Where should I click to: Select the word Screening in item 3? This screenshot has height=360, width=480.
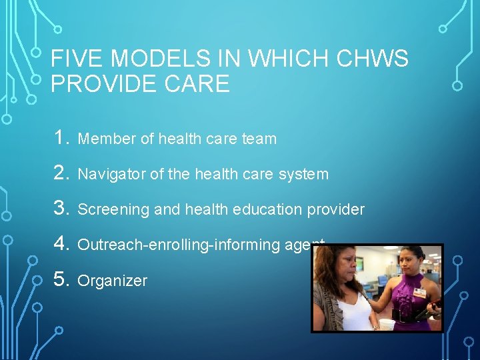coord(113,210)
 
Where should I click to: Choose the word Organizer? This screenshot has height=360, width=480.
coord(112,281)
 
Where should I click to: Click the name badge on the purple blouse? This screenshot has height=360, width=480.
coord(420,292)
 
